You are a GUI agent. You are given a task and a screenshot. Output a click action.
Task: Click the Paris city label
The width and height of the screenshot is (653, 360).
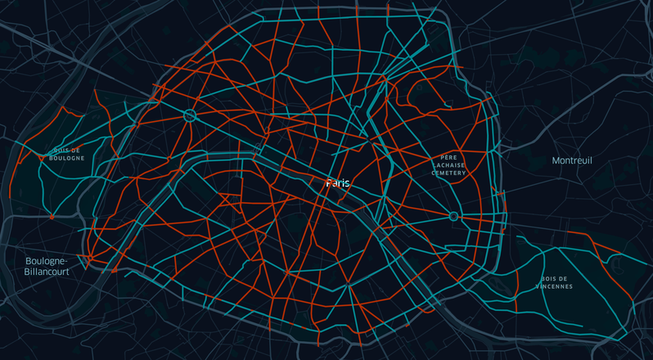[337, 183]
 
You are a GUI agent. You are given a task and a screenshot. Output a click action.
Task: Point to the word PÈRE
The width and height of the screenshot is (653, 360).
[448, 156]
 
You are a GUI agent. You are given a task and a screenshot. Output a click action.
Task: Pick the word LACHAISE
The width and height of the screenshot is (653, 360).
[448, 164]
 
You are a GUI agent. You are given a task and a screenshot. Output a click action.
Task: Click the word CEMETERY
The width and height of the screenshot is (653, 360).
[448, 173]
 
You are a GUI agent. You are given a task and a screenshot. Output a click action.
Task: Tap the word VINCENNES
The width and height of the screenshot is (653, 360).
[554, 287]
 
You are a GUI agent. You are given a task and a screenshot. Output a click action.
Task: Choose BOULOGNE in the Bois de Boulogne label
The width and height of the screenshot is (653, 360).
[66, 158]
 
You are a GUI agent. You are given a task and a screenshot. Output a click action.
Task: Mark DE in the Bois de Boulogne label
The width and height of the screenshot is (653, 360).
[75, 151]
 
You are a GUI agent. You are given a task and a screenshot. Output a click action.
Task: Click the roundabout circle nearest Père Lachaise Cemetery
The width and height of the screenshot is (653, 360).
[453, 216]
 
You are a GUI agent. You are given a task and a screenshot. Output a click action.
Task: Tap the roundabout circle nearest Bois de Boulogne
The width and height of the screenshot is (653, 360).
[190, 115]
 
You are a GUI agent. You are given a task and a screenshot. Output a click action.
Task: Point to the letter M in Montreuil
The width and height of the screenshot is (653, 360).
[556, 160]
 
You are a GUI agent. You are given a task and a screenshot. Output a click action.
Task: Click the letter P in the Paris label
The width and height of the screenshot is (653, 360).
[328, 183]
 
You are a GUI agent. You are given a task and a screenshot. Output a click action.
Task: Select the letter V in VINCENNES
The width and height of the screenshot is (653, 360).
[538, 287]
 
